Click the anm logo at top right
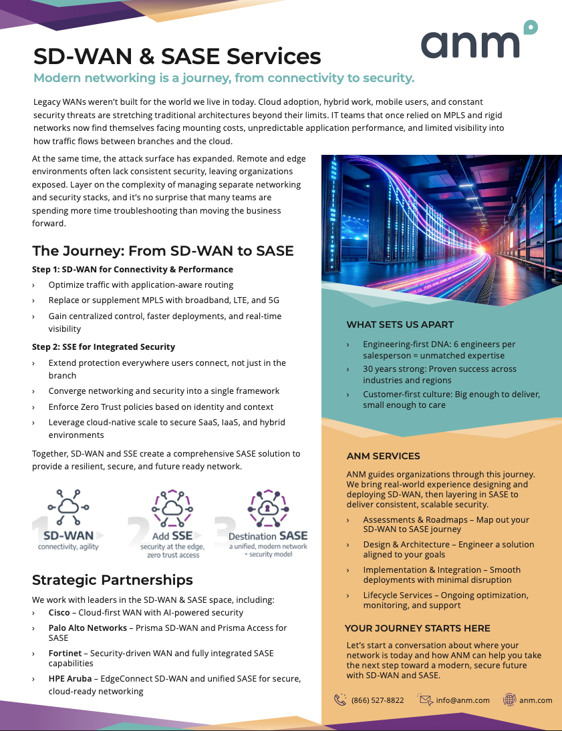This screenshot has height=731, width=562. [x=478, y=41]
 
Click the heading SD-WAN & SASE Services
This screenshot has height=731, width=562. [x=177, y=56]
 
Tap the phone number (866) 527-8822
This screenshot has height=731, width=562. [x=378, y=700]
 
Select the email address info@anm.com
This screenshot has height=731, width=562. [x=463, y=700]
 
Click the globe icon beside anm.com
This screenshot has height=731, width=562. [x=509, y=700]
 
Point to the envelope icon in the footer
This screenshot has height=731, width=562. [x=425, y=700]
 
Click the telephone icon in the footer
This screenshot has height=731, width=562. [x=340, y=700]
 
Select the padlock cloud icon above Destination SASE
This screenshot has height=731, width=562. [x=267, y=509]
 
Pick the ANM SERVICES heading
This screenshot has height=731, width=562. [x=384, y=457]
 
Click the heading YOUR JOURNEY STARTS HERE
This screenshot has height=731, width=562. [x=418, y=628]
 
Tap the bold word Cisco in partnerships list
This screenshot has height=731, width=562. [x=59, y=612]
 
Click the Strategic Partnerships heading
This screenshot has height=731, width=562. [x=112, y=579]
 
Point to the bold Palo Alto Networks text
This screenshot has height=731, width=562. [x=88, y=628]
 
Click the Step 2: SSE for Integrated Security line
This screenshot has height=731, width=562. [x=104, y=346]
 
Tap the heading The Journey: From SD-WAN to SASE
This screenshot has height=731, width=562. [x=163, y=251]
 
